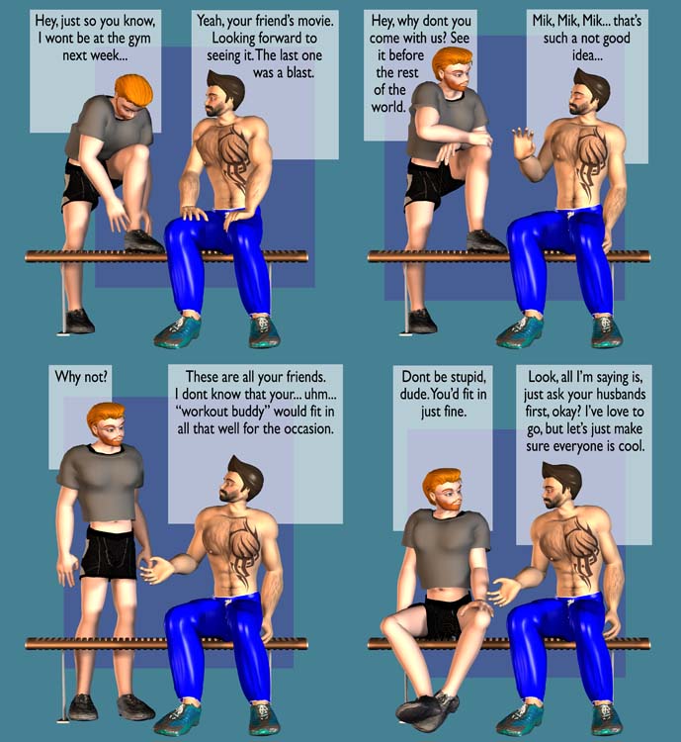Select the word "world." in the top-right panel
pyautogui.click(x=388, y=107)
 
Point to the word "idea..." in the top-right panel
pyautogui.click(x=587, y=55)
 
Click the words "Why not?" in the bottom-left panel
pyautogui.click(x=81, y=377)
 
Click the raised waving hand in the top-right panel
pyautogui.click(x=524, y=141)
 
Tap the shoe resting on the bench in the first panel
pyautogui.click(x=144, y=240)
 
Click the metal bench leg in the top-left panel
pyautogui.click(x=63, y=298)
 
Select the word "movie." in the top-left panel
pyautogui.click(x=316, y=22)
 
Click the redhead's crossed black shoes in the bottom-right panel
pyautogui.click(x=427, y=708)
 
